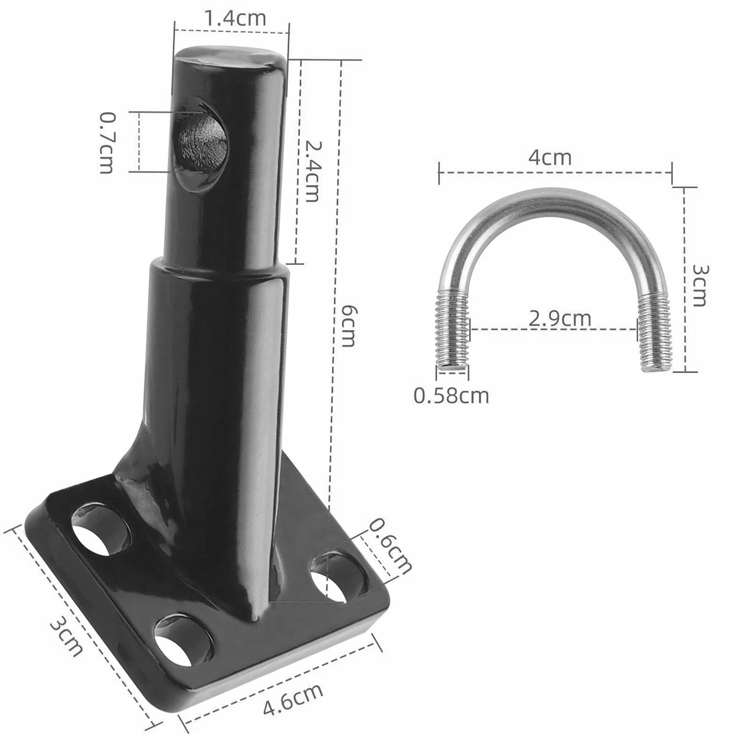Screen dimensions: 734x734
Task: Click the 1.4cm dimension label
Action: click(x=235, y=18)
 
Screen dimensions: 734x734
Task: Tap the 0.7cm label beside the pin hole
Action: click(x=107, y=143)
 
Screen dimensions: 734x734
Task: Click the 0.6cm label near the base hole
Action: click(x=390, y=546)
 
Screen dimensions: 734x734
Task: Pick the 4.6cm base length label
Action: click(x=293, y=699)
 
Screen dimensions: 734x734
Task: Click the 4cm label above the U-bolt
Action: click(x=550, y=157)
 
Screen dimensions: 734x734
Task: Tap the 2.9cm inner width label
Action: click(x=560, y=319)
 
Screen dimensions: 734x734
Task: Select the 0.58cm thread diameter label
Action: click(x=451, y=396)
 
